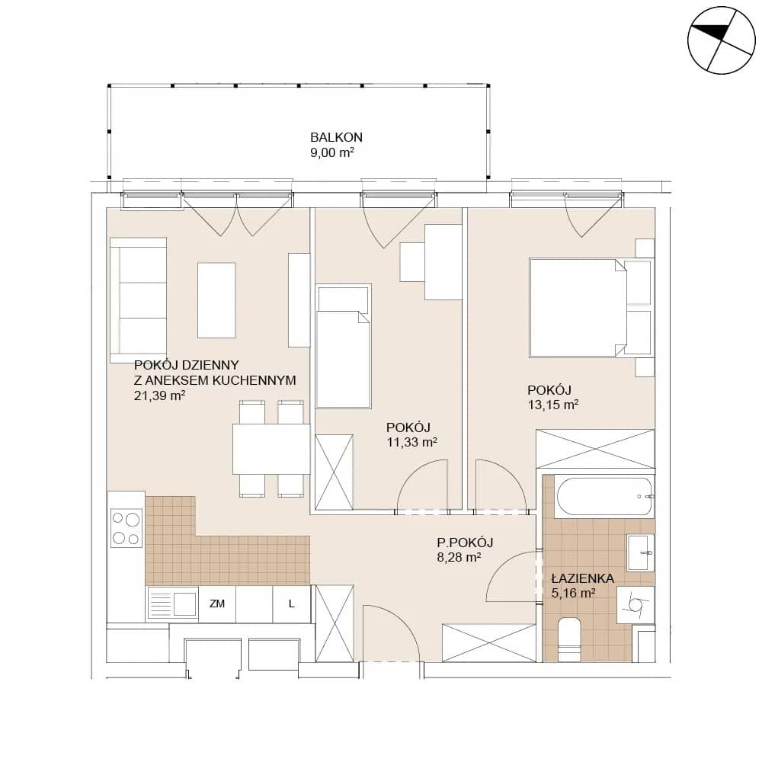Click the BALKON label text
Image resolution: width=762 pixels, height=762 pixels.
336,137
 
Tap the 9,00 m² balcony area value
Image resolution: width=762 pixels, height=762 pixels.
332,152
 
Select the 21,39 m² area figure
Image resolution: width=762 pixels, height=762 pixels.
159,395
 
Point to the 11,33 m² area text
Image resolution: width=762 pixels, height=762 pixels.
411,442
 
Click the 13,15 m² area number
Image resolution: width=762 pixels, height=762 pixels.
553,405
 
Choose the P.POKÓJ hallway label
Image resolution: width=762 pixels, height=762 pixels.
465,543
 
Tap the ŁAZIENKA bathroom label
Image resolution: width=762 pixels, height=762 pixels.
583,578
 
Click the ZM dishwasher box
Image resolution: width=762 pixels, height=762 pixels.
217,604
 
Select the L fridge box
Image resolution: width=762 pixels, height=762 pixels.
292,604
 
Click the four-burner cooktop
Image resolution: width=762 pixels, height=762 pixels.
126,528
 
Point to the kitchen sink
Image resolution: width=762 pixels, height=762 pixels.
172,604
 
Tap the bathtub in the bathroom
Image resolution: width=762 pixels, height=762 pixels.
604,497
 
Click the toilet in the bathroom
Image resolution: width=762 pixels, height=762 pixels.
571,639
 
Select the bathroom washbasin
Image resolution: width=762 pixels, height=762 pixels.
641,552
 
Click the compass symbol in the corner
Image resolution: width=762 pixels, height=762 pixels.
722,40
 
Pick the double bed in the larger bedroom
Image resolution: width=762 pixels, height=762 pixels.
578,308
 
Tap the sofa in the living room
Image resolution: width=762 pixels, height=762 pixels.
139,299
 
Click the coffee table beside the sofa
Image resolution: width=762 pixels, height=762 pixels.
216,300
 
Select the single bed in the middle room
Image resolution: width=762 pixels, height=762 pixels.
343,347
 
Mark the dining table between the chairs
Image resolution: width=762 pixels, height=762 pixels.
271,449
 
